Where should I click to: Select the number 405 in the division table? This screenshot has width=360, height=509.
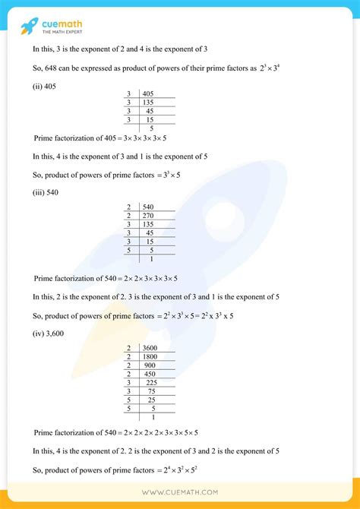pyautogui.click(x=147, y=93)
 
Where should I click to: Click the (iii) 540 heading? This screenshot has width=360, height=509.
pyautogui.click(x=46, y=193)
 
